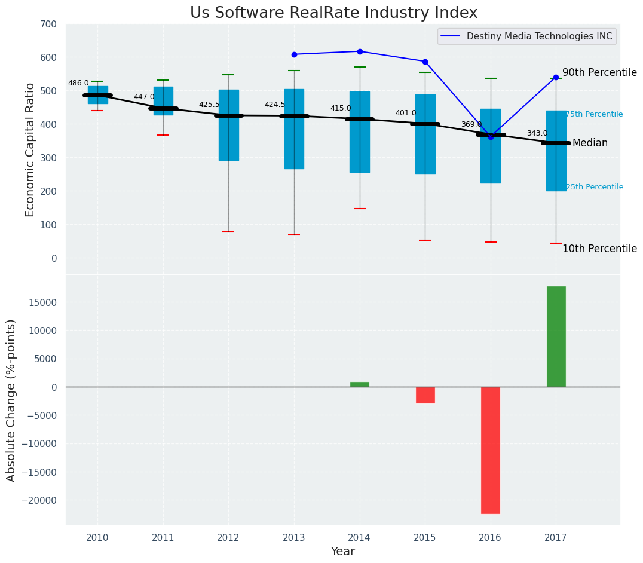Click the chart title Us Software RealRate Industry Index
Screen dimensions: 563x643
333,13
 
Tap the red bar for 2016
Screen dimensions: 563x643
491,450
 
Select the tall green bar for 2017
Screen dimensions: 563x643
556,336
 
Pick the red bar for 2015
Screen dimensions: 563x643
425,395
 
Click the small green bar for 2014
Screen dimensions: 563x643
360,384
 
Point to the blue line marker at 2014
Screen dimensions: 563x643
360,51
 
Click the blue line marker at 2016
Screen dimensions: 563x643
491,137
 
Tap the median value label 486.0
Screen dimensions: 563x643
78,84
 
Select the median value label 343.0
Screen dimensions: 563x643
537,133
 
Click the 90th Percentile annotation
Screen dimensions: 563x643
599,72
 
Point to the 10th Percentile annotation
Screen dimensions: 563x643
599,249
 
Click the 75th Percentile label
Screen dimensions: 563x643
594,114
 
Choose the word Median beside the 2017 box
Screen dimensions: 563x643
590,143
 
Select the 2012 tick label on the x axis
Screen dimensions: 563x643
228,538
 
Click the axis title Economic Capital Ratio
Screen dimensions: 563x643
30,149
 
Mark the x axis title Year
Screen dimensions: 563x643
342,552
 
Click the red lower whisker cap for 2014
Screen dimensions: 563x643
360,209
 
